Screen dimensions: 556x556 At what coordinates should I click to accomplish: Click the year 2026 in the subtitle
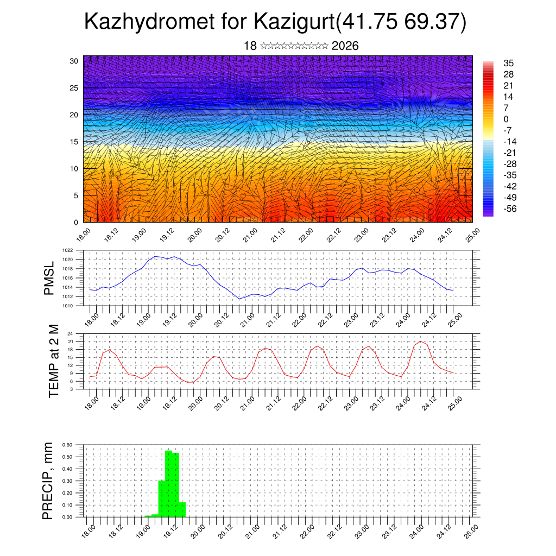(345, 46)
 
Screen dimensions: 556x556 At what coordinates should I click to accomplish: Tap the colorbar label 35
(509, 63)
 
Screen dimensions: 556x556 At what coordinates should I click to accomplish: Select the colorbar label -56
(511, 208)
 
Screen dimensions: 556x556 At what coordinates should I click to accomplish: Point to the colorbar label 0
(506, 119)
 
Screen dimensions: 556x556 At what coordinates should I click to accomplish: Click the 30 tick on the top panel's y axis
(74, 61)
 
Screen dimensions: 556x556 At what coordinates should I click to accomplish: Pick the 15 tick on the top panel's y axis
(74, 142)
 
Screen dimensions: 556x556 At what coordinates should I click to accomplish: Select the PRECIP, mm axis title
(48, 480)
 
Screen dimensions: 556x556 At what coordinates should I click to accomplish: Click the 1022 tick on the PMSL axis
(67, 251)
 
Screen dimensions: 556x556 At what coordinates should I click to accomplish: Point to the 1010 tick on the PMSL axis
(67, 306)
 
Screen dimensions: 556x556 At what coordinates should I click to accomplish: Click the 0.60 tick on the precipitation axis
(67, 445)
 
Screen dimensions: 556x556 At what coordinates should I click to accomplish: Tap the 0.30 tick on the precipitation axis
(67, 481)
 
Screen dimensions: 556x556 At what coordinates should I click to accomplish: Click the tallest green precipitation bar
(168, 483)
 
